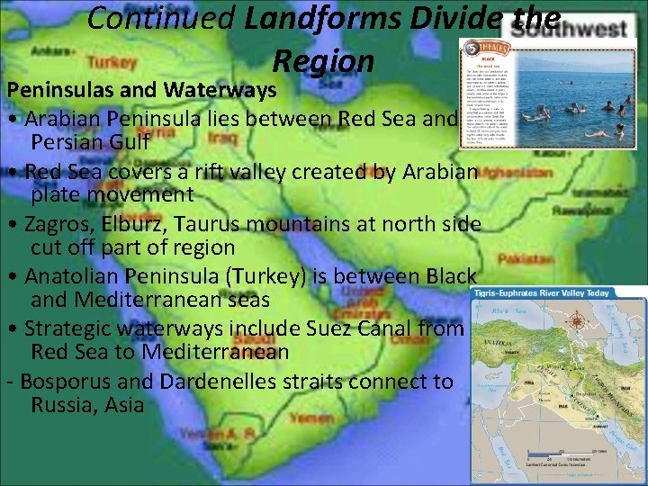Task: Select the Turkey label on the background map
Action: [x=112, y=63]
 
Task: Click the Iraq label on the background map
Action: [x=222, y=139]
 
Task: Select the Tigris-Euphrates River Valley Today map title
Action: [x=553, y=293]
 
